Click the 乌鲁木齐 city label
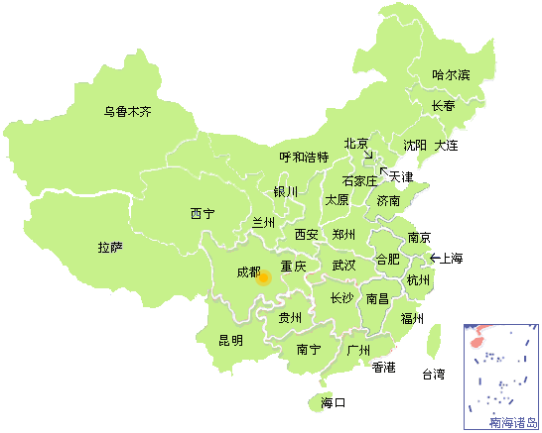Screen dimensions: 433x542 [128, 112]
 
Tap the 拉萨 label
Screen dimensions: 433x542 [110, 247]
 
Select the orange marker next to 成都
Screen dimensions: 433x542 [263, 277]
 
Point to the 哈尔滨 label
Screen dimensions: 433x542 [451, 75]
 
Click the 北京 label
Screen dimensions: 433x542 [356, 144]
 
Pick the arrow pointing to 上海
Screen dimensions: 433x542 [433, 259]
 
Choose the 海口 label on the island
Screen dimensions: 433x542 [333, 403]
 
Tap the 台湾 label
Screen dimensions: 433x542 [434, 375]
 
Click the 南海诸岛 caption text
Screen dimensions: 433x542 [514, 423]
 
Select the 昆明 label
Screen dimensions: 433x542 [230, 341]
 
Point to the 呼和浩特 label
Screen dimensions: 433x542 [304, 157]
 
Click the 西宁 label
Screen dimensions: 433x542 [202, 213]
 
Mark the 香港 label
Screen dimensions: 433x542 [384, 368]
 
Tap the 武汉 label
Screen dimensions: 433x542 [343, 266]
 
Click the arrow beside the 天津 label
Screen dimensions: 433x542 [383, 171]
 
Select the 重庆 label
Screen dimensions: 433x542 [293, 267]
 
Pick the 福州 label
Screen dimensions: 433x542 [412, 319]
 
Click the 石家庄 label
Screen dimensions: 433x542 [359, 181]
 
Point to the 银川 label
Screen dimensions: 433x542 [286, 191]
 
